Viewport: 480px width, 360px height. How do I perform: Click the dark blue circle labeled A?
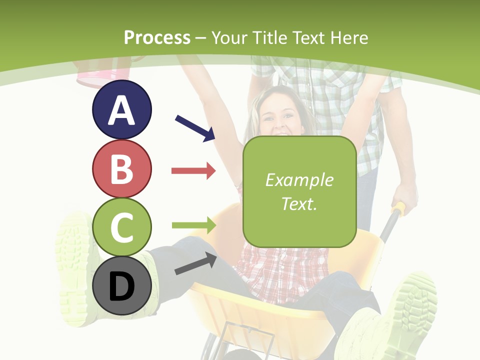tap(121, 109)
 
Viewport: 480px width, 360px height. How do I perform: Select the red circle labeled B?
tap(121, 169)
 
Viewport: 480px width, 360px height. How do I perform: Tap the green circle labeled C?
tap(121, 227)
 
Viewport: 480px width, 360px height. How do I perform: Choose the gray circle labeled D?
tap(121, 286)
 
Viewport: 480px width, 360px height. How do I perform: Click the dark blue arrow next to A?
tap(195, 127)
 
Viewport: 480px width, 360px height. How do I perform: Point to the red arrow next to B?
tap(193, 171)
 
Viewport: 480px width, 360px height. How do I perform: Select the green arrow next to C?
tap(193, 225)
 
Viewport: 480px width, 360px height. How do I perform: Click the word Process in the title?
tap(157, 37)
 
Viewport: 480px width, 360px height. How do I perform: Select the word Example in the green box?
tap(299, 180)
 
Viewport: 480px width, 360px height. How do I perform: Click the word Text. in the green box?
tap(299, 203)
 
